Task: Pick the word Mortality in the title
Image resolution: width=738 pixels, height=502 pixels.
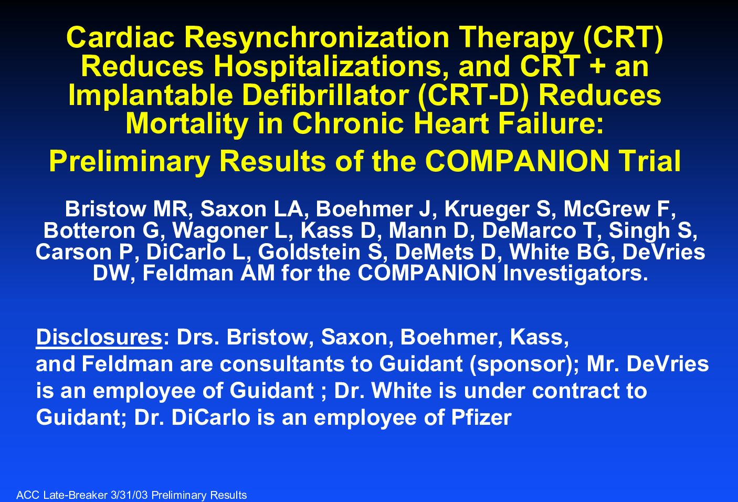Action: click(x=187, y=123)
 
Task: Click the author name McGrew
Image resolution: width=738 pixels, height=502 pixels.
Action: click(x=607, y=208)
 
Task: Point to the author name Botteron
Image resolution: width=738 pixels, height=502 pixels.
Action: click(x=89, y=230)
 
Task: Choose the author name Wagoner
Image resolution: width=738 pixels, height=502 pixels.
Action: click(x=220, y=231)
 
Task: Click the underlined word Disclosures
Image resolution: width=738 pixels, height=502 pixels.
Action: click(x=99, y=337)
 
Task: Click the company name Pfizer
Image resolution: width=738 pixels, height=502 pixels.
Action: click(x=481, y=417)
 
